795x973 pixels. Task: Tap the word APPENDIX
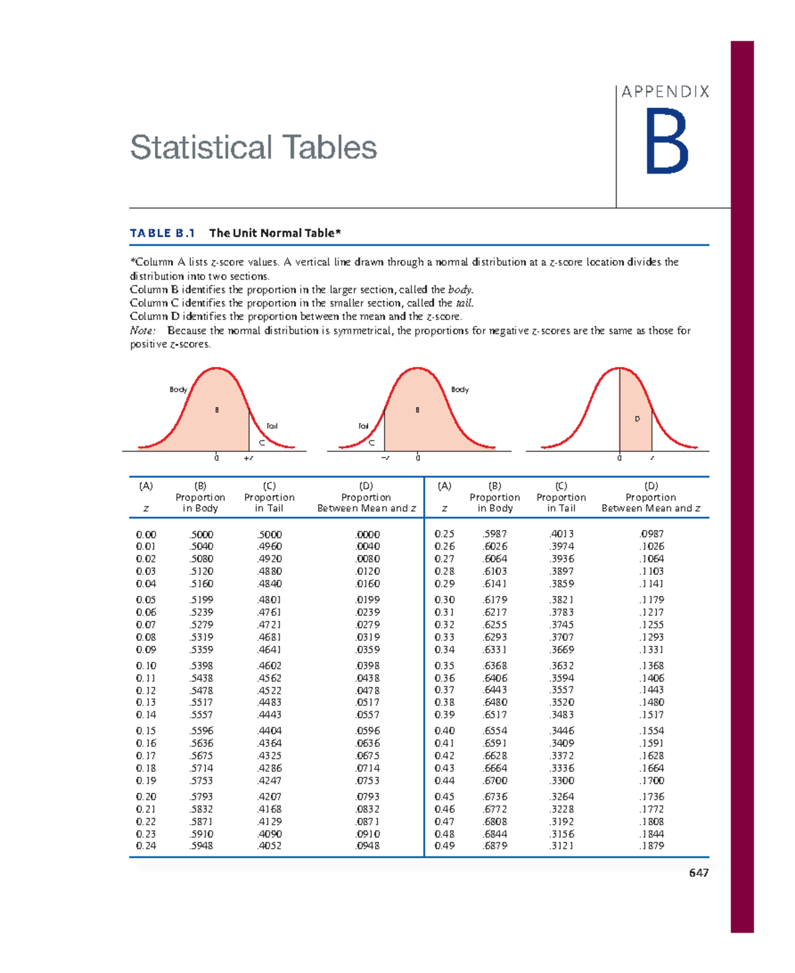pyautogui.click(x=665, y=92)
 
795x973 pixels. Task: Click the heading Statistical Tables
pyautogui.click(x=253, y=147)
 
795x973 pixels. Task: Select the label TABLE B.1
pyautogui.click(x=162, y=233)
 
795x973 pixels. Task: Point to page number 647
pyautogui.click(x=698, y=873)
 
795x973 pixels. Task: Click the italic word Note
pyautogui.click(x=142, y=331)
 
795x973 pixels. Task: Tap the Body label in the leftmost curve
pyautogui.click(x=178, y=389)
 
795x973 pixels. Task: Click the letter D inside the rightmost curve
pyautogui.click(x=637, y=419)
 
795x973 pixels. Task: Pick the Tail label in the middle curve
pyautogui.click(x=363, y=426)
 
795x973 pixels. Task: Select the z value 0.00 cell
pyautogui.click(x=146, y=535)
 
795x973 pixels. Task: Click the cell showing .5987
pyautogui.click(x=495, y=534)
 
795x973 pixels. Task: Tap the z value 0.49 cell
pyautogui.click(x=445, y=846)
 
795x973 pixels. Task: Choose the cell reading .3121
pyautogui.click(x=562, y=846)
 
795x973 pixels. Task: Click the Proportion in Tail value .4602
pyautogui.click(x=269, y=666)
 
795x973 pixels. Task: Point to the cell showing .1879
pyautogui.click(x=651, y=846)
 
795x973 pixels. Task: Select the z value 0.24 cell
pyautogui.click(x=146, y=846)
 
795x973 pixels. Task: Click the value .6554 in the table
pyautogui.click(x=495, y=731)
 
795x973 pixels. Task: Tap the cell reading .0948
pyautogui.click(x=368, y=846)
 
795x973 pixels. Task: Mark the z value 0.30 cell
pyautogui.click(x=445, y=599)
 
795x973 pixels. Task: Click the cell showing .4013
pyautogui.click(x=562, y=534)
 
